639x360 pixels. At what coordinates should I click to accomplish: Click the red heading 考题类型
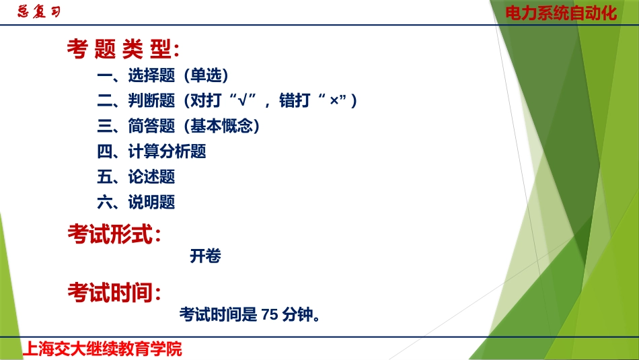point(122,49)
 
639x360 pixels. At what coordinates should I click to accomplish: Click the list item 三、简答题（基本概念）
point(179,127)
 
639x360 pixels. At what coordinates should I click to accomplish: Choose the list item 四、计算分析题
point(151,152)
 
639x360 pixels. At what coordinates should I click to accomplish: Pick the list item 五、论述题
point(136,177)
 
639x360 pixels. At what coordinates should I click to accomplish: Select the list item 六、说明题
point(136,203)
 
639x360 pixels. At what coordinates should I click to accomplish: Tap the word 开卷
point(206,256)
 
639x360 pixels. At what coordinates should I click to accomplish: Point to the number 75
point(269,314)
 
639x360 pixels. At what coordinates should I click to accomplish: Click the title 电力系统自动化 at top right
point(561,13)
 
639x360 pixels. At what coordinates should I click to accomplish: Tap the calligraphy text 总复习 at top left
point(38,12)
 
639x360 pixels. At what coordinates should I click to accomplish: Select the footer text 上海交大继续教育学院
point(102,349)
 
